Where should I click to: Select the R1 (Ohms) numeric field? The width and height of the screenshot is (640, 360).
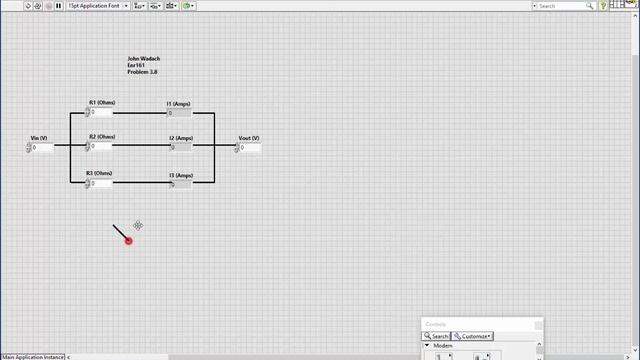(x=101, y=113)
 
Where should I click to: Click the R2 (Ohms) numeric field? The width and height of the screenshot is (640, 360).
(x=101, y=147)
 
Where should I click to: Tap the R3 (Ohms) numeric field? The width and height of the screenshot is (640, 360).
(x=101, y=184)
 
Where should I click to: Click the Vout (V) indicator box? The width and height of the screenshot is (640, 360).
(x=250, y=148)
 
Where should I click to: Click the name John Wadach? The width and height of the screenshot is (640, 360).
(x=143, y=59)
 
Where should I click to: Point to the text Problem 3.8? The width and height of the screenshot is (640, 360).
(x=142, y=73)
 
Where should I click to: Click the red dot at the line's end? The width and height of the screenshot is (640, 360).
(x=128, y=241)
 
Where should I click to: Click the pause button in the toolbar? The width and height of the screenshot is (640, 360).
(x=58, y=6)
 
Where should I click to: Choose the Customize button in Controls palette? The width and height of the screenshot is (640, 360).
(x=473, y=336)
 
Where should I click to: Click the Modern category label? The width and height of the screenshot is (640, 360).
(x=443, y=346)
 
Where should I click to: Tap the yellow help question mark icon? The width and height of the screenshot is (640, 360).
(x=604, y=6)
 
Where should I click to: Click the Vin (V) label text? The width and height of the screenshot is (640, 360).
(x=39, y=137)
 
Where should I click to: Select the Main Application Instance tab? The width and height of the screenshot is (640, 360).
(x=33, y=356)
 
